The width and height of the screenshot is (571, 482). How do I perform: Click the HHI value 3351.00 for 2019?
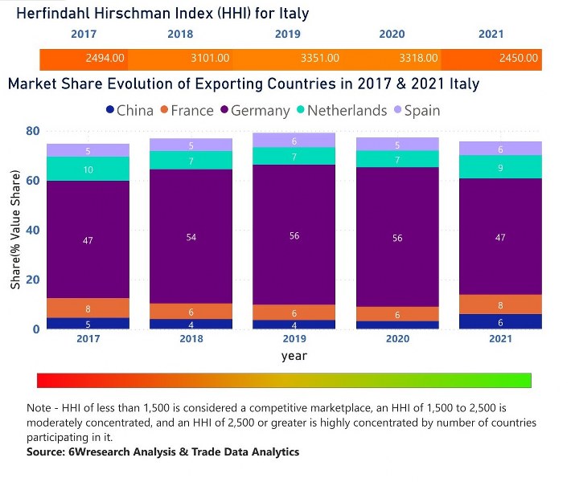(x=319, y=59)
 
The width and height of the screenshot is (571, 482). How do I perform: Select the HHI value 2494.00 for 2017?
(x=105, y=59)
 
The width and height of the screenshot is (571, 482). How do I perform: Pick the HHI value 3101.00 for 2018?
(x=210, y=59)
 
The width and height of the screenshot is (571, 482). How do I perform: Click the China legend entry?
(x=129, y=111)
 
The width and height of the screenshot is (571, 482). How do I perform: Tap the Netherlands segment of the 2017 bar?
(x=88, y=169)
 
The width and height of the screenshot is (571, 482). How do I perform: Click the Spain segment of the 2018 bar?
(x=191, y=145)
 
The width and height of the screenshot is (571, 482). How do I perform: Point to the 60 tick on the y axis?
(x=32, y=181)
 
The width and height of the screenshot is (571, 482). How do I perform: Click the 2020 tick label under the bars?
(x=396, y=340)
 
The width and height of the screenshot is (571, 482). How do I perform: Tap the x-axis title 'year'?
(x=294, y=356)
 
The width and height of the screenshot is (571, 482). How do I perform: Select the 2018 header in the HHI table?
(x=180, y=35)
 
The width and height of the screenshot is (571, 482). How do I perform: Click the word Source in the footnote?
(x=46, y=452)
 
